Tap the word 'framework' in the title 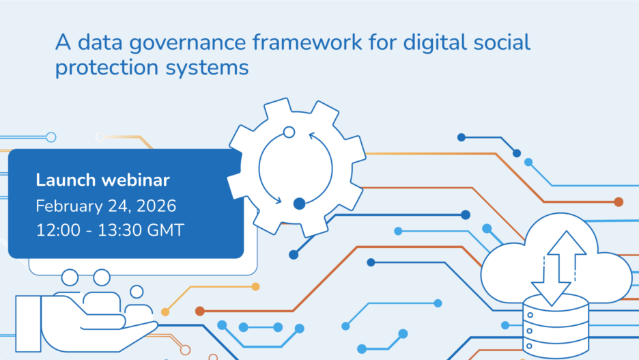[307, 42]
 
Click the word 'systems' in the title [207, 68]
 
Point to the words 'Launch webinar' [102, 180]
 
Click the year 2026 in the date [156, 206]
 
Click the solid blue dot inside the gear [300, 204]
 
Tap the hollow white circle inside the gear [289, 132]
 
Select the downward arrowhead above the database [552, 294]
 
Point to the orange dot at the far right [619, 202]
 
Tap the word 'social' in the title [502, 42]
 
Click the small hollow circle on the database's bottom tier [529, 346]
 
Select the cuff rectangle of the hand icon [28, 324]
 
